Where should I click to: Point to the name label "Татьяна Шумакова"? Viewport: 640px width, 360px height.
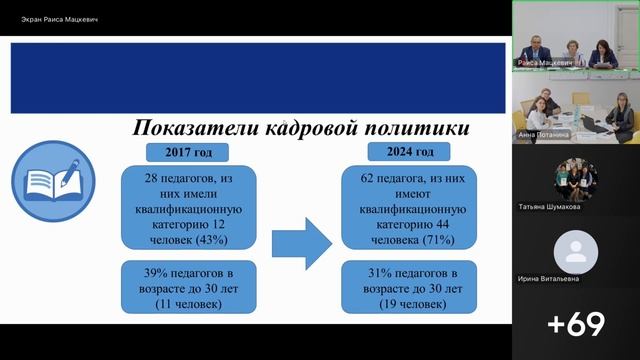(549, 208)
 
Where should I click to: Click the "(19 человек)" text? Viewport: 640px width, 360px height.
(411, 303)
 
